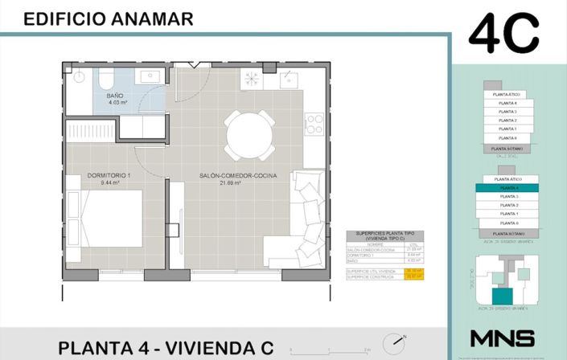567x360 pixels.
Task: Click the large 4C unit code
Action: click(503, 35)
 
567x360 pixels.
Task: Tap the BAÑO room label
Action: click(115, 96)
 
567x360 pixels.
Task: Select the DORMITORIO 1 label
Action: click(109, 175)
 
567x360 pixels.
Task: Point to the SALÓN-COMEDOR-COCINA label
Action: click(234, 175)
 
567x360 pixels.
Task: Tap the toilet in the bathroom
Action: click(78, 78)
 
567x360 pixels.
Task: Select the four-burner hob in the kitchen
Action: click(252, 78)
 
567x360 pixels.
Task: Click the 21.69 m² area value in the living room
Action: click(233, 183)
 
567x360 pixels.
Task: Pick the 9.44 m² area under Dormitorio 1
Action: click(109, 183)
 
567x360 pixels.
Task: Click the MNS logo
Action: click(502, 337)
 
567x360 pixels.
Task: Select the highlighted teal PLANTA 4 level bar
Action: click(507, 186)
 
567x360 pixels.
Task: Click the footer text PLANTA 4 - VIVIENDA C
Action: click(166, 347)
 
